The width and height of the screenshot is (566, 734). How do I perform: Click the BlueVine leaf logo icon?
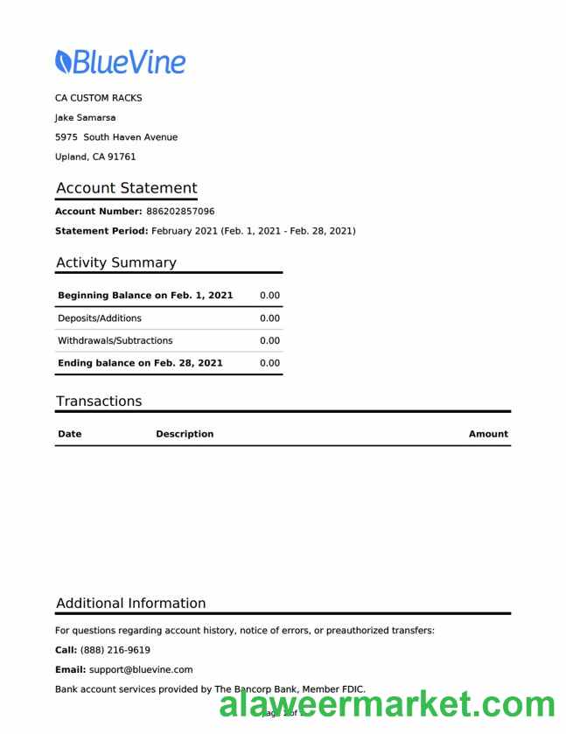[63, 60]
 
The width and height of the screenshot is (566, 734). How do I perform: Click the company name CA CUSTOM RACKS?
[98, 98]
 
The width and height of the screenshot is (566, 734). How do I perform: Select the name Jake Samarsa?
[85, 117]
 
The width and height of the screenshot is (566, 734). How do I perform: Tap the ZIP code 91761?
[121, 157]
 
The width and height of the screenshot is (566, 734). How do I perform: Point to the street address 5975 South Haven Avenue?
[115, 137]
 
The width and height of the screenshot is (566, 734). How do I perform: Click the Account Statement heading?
[126, 188]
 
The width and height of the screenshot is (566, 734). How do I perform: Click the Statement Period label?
[101, 231]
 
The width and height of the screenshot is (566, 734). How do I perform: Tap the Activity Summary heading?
[115, 262]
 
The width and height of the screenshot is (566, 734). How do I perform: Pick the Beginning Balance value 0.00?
[269, 296]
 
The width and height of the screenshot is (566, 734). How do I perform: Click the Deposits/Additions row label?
[99, 318]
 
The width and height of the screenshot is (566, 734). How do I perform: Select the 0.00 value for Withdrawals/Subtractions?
[269, 340]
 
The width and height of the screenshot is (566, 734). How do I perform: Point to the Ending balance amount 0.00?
[269, 363]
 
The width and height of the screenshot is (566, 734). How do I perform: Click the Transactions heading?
[98, 402]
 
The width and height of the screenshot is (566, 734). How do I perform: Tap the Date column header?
[69, 434]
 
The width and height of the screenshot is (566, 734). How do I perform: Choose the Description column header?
[184, 434]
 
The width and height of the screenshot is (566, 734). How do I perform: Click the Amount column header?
[487, 434]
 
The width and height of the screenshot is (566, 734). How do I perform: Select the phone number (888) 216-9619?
[115, 650]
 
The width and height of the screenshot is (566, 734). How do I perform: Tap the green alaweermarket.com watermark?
[387, 705]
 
